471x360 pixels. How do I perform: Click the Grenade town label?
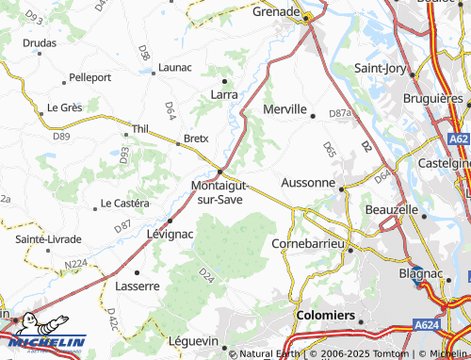[x=276, y=14]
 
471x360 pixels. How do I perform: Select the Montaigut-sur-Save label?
[x=219, y=192]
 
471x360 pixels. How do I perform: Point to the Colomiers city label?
[x=324, y=315]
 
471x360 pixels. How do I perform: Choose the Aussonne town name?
[x=307, y=183]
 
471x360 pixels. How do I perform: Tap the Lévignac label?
[x=170, y=232]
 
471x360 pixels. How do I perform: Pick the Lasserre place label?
[x=137, y=286]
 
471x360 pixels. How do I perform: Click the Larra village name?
[x=224, y=94]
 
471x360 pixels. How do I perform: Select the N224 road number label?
[x=74, y=263]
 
